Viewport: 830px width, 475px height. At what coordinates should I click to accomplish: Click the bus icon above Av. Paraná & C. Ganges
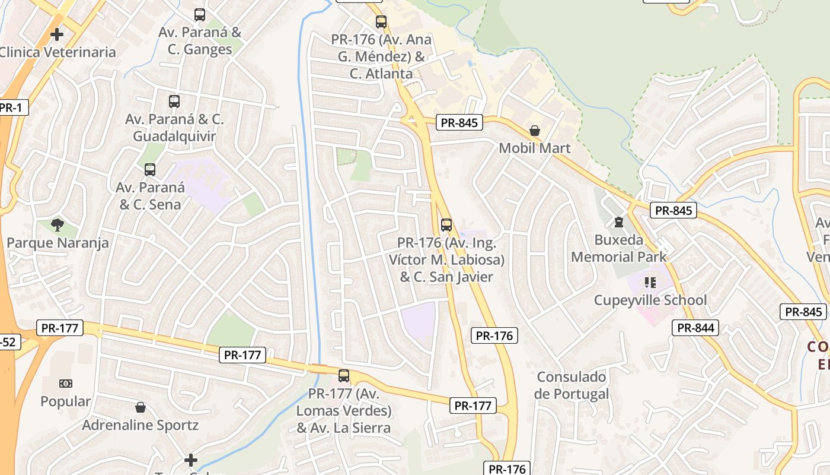(x=200, y=15)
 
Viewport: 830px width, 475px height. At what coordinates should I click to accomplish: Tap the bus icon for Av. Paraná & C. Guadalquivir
(x=174, y=102)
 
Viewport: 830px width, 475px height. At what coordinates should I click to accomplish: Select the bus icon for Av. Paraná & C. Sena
(x=150, y=170)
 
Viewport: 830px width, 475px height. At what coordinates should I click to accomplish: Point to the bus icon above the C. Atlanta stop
(x=381, y=22)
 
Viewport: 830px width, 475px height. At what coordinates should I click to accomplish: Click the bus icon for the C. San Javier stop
(x=446, y=225)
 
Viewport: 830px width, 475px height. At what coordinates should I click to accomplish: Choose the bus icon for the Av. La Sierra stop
(x=344, y=375)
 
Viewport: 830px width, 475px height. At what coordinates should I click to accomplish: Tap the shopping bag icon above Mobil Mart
(x=535, y=131)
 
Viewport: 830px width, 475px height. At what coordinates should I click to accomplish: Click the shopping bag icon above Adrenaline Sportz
(x=141, y=407)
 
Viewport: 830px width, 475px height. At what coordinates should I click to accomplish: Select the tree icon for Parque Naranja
(x=58, y=225)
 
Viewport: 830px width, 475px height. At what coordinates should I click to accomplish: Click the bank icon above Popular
(x=66, y=384)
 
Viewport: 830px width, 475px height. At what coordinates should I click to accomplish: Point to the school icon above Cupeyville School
(x=650, y=283)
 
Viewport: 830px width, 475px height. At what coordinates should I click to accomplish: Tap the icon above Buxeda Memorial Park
(x=619, y=223)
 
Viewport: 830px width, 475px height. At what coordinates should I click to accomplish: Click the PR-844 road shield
(x=695, y=327)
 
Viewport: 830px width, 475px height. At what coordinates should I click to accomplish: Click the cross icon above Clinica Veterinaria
(x=57, y=34)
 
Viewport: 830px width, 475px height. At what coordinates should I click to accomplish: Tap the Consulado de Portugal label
(x=571, y=385)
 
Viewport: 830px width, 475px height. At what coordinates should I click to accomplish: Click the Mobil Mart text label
(x=535, y=148)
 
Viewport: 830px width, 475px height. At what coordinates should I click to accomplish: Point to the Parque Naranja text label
(x=58, y=243)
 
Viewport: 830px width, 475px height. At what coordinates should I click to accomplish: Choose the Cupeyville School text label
(x=650, y=300)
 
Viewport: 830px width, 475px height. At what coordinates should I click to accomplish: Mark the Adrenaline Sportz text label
(x=141, y=425)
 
